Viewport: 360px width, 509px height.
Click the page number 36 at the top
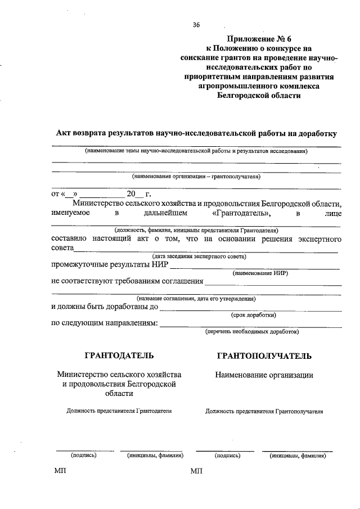pyautogui.click(x=196, y=25)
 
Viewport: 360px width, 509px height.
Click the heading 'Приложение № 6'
pyautogui.click(x=259, y=39)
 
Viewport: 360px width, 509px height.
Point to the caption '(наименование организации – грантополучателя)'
pyautogui.click(x=196, y=176)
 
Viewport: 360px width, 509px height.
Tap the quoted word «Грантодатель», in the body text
pyautogui.click(x=242, y=214)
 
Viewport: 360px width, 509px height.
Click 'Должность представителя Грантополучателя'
pyautogui.click(x=264, y=411)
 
